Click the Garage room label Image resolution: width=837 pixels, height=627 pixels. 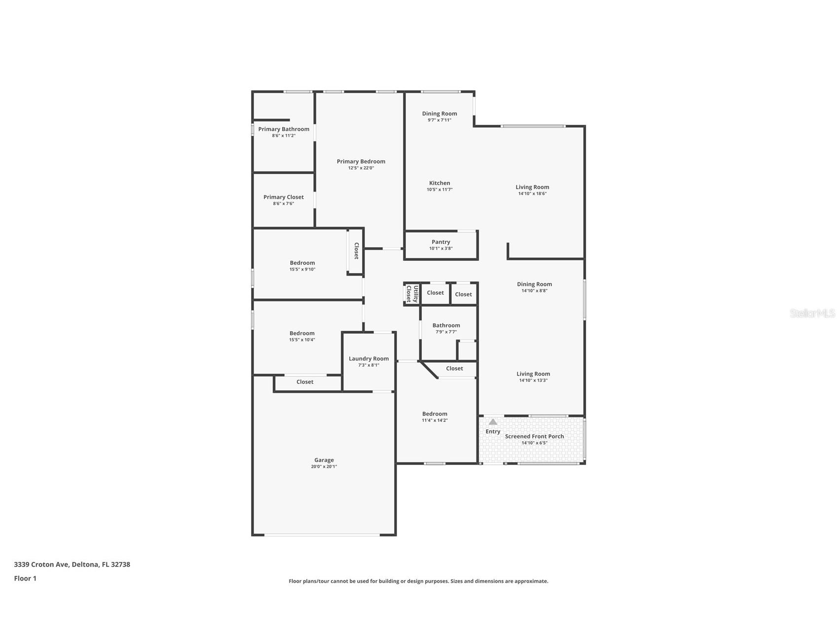324,460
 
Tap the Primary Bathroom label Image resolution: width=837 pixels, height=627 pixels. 284,129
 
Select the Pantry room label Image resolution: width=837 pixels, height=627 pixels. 440,242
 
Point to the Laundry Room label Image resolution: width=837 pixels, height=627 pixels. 368,359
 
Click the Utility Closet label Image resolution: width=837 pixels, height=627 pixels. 412,294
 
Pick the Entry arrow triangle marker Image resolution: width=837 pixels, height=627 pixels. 493,422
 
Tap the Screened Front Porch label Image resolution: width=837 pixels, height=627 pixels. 534,436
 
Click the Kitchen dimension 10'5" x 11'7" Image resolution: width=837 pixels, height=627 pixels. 439,190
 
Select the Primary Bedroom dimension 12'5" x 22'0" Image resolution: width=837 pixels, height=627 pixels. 361,168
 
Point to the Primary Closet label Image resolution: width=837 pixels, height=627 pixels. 284,197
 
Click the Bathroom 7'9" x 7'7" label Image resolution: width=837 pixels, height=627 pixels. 446,325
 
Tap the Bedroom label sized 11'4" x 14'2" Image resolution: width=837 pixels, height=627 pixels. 435,414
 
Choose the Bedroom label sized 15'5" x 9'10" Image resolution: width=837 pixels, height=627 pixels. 302,263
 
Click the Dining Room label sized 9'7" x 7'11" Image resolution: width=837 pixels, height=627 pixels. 439,114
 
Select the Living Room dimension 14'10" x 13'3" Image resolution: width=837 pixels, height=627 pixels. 533,381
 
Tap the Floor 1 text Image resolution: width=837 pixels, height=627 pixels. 25,579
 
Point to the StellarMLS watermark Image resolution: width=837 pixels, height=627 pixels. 812,313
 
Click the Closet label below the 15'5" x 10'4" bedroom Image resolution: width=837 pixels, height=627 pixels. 305,382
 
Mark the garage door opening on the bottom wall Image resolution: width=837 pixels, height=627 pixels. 322,535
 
